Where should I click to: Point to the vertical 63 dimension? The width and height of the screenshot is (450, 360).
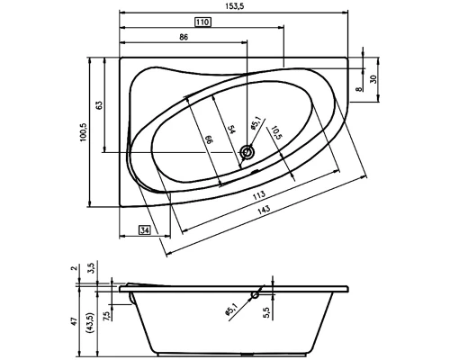click(x=99, y=105)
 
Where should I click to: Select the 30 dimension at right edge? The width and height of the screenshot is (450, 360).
click(x=373, y=80)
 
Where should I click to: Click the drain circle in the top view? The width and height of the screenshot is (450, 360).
click(x=247, y=155)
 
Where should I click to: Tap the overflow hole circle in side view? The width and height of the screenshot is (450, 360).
click(x=257, y=293)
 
